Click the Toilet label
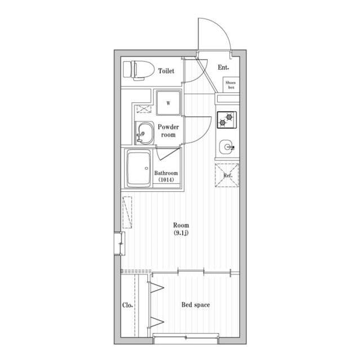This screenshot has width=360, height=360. coord(166,71)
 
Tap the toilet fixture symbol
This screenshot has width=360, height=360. coord(139,70)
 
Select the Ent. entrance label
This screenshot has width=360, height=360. coord(223,67)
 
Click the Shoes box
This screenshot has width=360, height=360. coord(231,85)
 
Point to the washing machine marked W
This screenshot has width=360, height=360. coord(169,102)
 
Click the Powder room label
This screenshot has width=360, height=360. coord(168,130)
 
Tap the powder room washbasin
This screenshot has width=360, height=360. coord(145,133)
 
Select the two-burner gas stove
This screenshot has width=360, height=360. coord(227,120)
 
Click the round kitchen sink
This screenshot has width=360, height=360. coord(227,147)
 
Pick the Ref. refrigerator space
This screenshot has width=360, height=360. coord(227,175)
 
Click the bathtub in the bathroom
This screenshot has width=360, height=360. coord(139,168)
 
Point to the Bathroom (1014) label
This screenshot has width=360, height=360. coord(166,176)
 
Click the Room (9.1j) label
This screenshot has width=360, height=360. coord(181,229)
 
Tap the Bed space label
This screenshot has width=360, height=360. coord(196,305)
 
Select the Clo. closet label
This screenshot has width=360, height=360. coord(128,305)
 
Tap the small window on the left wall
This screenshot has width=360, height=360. coord(119,244)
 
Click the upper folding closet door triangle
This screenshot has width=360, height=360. coord(156,287)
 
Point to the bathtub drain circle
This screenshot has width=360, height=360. coord(146,169)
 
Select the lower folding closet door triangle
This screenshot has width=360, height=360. coord(156,322)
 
